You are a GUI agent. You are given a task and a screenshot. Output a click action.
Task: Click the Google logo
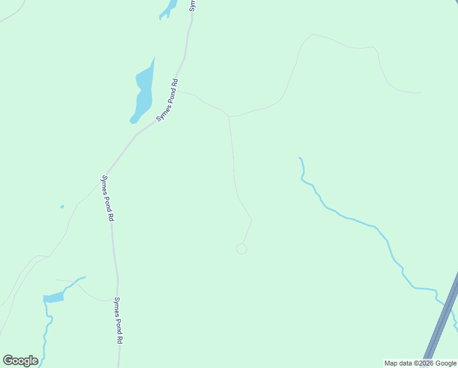coord(20,361)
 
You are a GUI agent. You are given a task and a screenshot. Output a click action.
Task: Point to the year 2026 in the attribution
coord(425,363)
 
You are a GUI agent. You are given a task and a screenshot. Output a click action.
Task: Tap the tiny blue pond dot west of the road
coord(62,207)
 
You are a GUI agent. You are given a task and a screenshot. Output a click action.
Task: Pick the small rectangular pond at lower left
coord(54,298)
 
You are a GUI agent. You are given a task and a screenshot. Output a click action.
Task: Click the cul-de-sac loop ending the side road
coord(241,248)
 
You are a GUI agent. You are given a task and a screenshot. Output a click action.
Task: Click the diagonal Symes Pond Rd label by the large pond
coord(167,100)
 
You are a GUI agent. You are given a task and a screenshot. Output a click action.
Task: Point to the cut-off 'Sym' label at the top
coord(192,6)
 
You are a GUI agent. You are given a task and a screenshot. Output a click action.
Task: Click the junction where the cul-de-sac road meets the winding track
coord(229,116)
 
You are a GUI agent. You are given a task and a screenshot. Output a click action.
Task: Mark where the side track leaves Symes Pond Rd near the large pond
coord(177,91)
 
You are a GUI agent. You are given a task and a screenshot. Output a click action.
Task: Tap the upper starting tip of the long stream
coord(299,158)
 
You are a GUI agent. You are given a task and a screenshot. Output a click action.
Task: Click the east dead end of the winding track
coord(420,93)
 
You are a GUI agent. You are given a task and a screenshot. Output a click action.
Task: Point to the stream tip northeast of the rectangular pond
coord(84,277)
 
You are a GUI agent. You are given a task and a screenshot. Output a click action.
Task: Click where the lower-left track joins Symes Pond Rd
coord(114,300)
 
